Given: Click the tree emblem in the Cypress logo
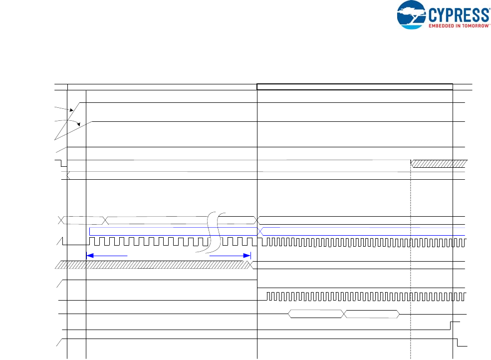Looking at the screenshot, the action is pos(412,14).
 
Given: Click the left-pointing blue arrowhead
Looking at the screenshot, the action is pos(90,255).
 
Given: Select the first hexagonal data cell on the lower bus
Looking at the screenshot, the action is pos(316,314).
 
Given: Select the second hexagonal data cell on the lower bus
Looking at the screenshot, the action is pos(372,314).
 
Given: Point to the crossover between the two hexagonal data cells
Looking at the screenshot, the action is pos(344,314).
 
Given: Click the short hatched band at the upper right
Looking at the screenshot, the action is pos(439,163).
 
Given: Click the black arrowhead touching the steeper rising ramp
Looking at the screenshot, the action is pos(73,110).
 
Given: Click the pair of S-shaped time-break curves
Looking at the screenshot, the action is pos(215,233).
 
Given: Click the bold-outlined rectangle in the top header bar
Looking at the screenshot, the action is pos(354,87).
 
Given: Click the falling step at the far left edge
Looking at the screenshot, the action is pos(61,164).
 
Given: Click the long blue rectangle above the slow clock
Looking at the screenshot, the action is pos(173,232).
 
